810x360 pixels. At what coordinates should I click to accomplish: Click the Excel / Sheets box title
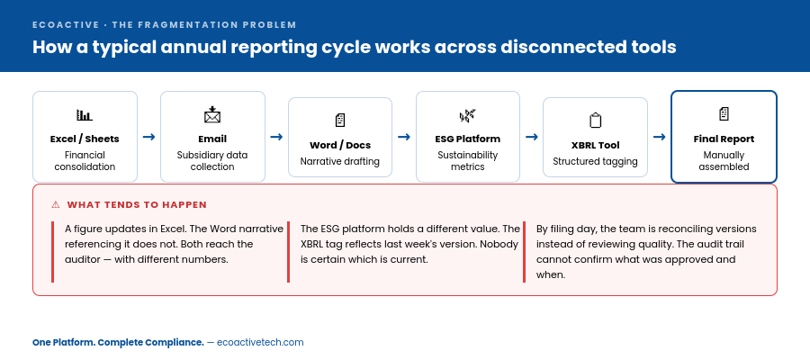(85, 139)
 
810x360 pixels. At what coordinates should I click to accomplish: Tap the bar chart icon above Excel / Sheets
(85, 115)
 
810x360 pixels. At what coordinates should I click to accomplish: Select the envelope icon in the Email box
(212, 115)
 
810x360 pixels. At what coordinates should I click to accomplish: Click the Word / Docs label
(340, 145)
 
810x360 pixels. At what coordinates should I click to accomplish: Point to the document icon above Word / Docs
(340, 121)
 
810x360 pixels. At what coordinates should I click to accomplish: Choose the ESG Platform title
(468, 139)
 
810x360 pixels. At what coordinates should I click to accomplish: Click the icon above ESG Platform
(468, 115)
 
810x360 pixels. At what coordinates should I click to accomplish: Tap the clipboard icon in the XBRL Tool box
(595, 121)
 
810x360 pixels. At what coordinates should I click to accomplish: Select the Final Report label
(724, 139)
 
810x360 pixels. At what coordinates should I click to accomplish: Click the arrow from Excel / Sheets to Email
(148, 137)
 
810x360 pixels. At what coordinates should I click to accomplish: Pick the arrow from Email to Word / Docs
(276, 137)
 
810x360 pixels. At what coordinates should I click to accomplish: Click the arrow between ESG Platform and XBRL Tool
(532, 137)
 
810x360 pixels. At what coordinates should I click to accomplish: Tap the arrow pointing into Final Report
(660, 137)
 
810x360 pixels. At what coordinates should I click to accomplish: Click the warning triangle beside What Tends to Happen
(56, 205)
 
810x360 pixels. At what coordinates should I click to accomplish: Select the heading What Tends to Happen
(137, 205)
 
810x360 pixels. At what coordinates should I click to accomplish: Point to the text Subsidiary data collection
(212, 160)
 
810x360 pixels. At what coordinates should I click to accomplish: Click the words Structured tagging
(595, 162)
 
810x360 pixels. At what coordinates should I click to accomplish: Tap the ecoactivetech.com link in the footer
(260, 342)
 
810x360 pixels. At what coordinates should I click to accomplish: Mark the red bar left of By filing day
(524, 252)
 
